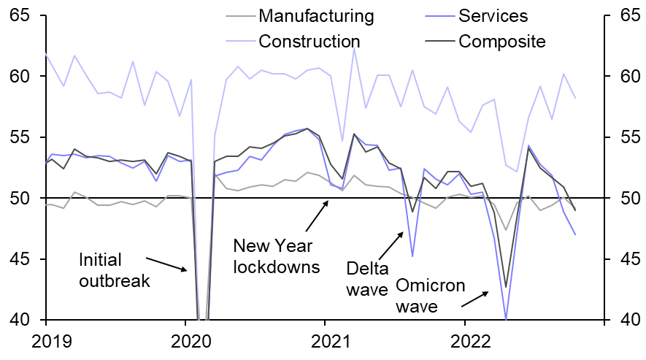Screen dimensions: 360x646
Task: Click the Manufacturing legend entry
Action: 316,16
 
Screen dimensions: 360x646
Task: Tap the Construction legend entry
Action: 309,41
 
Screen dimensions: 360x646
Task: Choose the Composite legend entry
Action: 501,41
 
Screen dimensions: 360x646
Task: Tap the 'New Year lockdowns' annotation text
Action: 276,256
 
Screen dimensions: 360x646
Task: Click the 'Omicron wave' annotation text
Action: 430,295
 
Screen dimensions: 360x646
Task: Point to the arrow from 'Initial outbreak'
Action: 166,264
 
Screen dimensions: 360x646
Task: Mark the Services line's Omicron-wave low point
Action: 506,318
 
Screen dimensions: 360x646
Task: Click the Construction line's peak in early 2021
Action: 354,49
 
